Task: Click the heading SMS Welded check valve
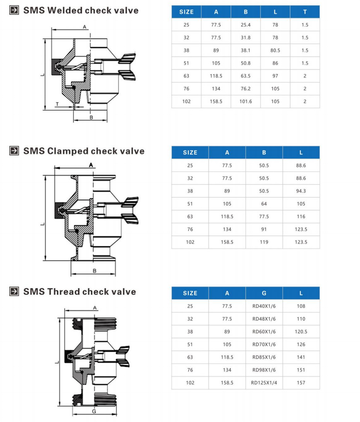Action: point(81,10)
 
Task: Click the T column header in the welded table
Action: point(305,12)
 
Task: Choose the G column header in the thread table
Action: point(264,293)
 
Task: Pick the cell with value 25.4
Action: point(246,25)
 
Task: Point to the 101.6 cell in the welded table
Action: point(246,102)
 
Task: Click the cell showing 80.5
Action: point(275,50)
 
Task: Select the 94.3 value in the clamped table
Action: point(301,191)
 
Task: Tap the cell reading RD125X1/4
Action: point(264,383)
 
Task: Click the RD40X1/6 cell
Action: point(264,306)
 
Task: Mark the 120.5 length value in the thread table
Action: point(301,332)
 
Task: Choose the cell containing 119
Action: point(264,242)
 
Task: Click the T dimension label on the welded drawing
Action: point(57,105)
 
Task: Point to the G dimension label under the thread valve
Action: point(93,411)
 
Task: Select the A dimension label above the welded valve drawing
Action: point(85,27)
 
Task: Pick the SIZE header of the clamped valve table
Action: point(190,152)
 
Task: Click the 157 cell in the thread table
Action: point(301,383)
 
